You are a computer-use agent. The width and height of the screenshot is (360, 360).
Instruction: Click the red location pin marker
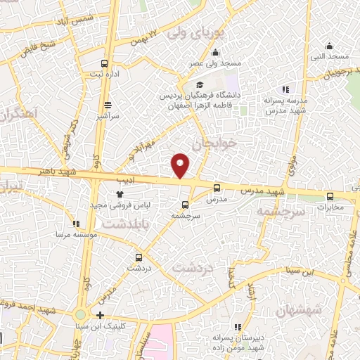coord(181,165)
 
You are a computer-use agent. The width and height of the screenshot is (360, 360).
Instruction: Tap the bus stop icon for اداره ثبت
coord(105,63)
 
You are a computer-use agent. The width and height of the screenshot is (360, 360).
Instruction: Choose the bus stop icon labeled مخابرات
coord(330,198)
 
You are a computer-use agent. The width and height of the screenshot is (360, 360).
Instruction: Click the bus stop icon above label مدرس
coord(215,188)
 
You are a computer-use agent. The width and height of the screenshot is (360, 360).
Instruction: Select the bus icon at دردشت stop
coord(139,257)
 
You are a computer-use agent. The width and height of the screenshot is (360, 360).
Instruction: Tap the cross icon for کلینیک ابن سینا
coord(101,316)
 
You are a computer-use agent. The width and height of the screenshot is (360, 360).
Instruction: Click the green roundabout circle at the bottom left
coord(81,315)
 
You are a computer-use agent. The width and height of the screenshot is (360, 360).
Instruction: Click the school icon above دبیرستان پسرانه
coord(236,326)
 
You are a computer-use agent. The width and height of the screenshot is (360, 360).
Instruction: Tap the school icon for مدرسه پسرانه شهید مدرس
coord(285,89)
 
